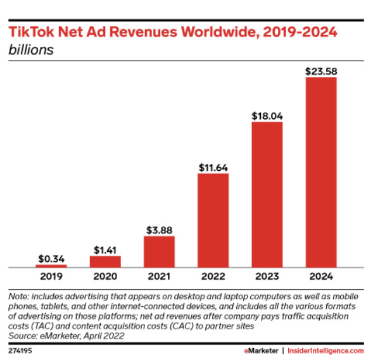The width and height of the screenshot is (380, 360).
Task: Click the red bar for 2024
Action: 321,172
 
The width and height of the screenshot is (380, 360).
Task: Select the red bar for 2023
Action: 267,194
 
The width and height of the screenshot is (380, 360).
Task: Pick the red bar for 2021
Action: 159,252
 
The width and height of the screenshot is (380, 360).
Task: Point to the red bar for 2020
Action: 104,261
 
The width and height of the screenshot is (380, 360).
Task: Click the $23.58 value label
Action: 321,71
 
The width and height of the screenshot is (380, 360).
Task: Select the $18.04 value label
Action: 267,116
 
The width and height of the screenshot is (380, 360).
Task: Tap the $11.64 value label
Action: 213,168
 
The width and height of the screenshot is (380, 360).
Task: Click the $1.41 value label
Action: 104,251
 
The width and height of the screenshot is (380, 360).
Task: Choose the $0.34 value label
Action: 51,259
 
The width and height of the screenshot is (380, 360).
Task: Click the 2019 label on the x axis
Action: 51,276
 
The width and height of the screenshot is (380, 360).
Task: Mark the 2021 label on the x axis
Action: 159,276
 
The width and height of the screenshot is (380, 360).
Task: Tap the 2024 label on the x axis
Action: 321,276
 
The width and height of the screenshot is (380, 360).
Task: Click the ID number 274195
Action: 21,350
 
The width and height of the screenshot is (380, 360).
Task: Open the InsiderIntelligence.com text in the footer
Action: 326,350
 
